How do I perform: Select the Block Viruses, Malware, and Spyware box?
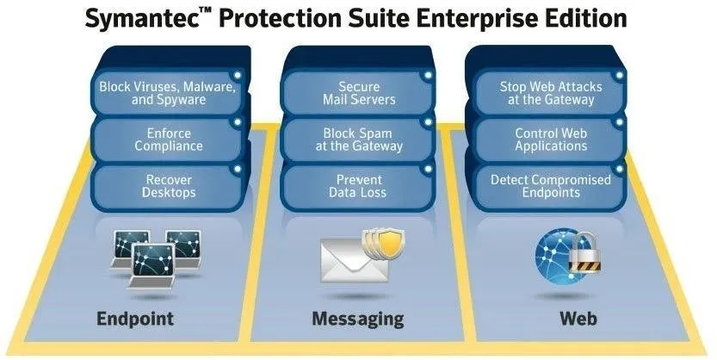[x=169, y=93]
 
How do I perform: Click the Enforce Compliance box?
[x=169, y=140]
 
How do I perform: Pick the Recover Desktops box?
[x=169, y=187]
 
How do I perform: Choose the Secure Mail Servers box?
[x=358, y=93]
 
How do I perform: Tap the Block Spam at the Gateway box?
[x=358, y=140]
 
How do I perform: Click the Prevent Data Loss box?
[x=358, y=187]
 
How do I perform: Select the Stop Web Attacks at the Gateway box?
[x=550, y=93]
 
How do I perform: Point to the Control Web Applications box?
[x=550, y=140]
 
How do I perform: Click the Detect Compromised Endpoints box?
[x=550, y=187]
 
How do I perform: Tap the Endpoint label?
[x=135, y=319]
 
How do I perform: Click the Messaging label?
[x=357, y=320]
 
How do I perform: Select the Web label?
[x=578, y=319]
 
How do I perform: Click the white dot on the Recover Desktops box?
[x=237, y=170]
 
